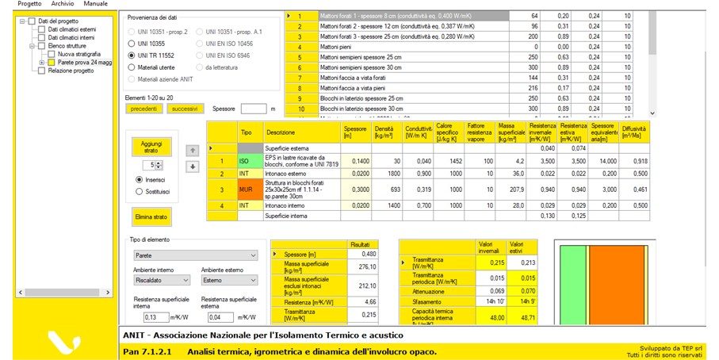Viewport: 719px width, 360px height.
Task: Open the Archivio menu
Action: pos(62,4)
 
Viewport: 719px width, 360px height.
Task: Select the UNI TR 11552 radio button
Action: pos(132,56)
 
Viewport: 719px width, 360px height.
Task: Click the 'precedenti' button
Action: pos(143,109)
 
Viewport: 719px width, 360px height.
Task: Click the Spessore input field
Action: pos(254,109)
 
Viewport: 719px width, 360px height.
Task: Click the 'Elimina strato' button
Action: pos(151,216)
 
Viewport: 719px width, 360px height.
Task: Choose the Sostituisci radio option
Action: pos(140,191)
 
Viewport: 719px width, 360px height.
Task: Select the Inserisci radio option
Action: pos(140,179)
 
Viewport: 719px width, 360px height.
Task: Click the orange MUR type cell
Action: pos(246,190)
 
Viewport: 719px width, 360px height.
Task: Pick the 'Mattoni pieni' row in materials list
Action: pos(396,47)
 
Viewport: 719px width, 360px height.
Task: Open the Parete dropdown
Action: pos(191,256)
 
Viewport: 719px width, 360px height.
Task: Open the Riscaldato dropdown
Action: pos(159,280)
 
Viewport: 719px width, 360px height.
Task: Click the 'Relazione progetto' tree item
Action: pos(71,71)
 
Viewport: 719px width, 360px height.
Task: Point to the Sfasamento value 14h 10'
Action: pos(485,302)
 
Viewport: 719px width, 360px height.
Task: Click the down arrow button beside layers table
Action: pos(192,167)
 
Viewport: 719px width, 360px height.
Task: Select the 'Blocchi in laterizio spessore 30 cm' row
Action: pos(396,109)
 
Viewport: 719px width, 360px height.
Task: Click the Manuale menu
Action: pos(95,4)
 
